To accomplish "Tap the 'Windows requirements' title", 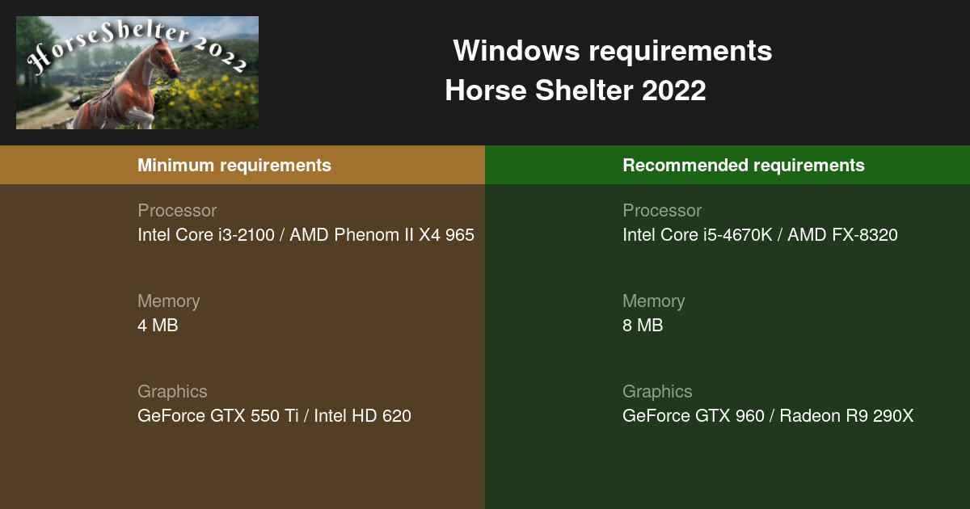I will tap(612, 51).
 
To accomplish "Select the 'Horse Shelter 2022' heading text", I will tap(575, 90).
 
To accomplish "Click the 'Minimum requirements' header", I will tap(234, 165).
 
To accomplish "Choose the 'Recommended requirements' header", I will tap(743, 165).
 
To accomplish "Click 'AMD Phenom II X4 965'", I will tap(382, 235).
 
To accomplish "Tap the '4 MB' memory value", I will tap(158, 326).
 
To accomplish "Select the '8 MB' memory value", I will tap(643, 326).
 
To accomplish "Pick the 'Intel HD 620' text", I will tap(362, 416).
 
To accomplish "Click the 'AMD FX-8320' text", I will tap(842, 235).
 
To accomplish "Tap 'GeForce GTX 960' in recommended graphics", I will tap(693, 416).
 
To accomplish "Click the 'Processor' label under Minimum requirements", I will tap(177, 211).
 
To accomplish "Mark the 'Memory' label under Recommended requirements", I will tap(653, 301).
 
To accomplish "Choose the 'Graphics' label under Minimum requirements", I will tap(172, 392).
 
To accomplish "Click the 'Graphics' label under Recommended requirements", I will tap(657, 392).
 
